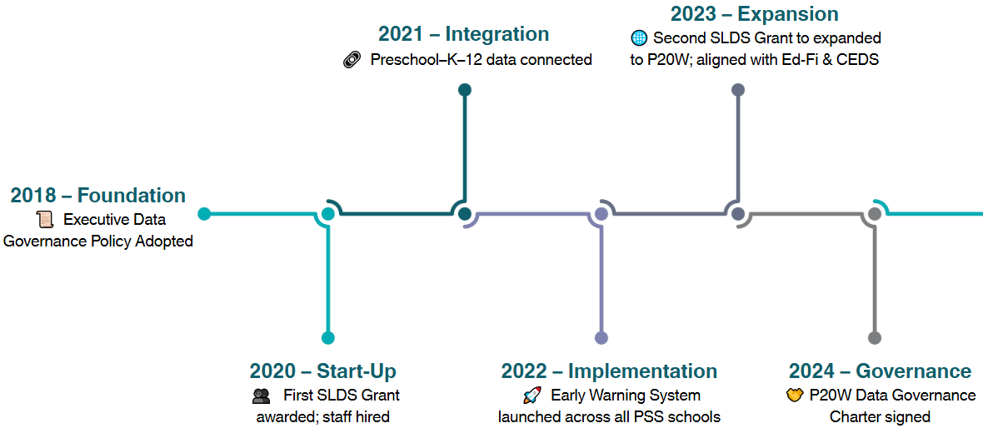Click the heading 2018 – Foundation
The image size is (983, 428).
click(x=97, y=195)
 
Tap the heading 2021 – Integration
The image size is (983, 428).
click(x=464, y=34)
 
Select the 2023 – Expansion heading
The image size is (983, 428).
click(x=754, y=14)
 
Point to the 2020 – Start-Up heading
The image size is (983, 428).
click(x=323, y=371)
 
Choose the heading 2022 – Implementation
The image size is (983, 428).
click(x=609, y=371)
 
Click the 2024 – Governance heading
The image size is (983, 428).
click(x=881, y=371)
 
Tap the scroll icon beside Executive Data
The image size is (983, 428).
click(x=44, y=220)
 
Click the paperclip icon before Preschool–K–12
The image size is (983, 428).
click(x=352, y=60)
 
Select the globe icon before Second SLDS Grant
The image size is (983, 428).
click(x=638, y=37)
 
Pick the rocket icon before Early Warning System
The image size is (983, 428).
click(x=531, y=396)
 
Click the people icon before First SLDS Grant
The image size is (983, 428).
click(x=262, y=396)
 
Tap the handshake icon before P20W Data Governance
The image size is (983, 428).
click(x=795, y=396)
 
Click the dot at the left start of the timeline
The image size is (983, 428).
click(x=204, y=214)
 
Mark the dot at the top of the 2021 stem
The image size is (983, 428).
click(x=465, y=90)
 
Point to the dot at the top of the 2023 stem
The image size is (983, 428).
click(x=738, y=90)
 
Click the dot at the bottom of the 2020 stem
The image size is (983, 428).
click(x=328, y=338)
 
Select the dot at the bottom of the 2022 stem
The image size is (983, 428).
click(x=601, y=338)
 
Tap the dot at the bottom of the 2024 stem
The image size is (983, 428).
click(x=875, y=338)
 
